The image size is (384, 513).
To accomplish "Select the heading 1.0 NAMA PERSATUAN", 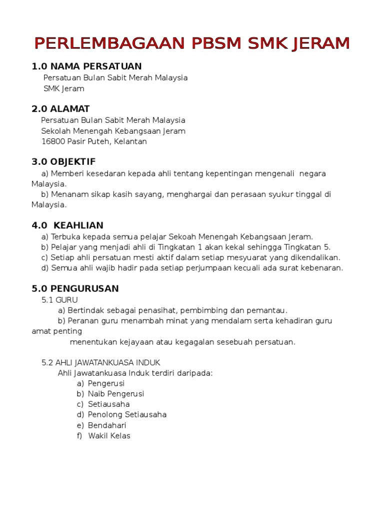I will tap(86, 66).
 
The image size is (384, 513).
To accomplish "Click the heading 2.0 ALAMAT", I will tap(60, 109).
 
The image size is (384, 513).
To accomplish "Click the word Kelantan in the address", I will tap(130, 142).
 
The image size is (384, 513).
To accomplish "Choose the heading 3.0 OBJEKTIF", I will tap(63, 162).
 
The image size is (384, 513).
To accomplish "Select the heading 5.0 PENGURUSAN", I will tap(75, 289).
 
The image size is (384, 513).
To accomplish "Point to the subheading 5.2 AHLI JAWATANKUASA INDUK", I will tap(101, 362).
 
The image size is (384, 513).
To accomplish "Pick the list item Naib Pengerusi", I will tap(116, 394).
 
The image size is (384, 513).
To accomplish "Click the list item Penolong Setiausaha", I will tap(127, 415).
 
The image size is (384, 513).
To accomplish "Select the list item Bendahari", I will tap(107, 425).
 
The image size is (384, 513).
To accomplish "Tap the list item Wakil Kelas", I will tap(109, 436).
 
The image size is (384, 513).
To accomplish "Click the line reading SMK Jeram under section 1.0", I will tap(64, 89).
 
